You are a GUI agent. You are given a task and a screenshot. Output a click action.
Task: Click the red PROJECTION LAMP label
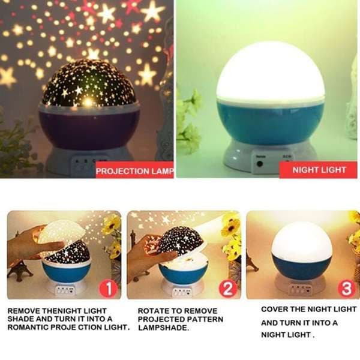pyautogui.click(x=134, y=170)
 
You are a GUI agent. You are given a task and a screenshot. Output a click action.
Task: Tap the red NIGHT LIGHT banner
pyautogui.click(x=318, y=170)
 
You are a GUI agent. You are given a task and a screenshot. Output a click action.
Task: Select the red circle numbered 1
pyautogui.click(x=108, y=289)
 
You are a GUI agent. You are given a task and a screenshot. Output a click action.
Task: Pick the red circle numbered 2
pyautogui.click(x=227, y=288)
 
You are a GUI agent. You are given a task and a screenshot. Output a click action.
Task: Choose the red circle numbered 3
pyautogui.click(x=346, y=288)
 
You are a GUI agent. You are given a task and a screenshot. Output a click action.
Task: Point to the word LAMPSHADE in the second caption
pyautogui.click(x=163, y=328)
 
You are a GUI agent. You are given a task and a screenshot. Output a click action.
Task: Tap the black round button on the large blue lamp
pyautogui.click(x=260, y=164)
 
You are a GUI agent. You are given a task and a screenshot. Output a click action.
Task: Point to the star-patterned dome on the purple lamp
pyautogui.click(x=89, y=83)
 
